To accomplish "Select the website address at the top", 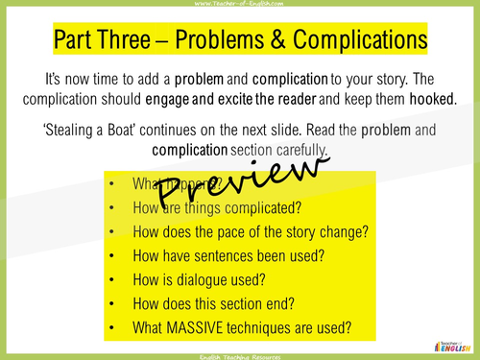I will coord(240,4).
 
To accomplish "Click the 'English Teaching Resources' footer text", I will coord(240,355).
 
